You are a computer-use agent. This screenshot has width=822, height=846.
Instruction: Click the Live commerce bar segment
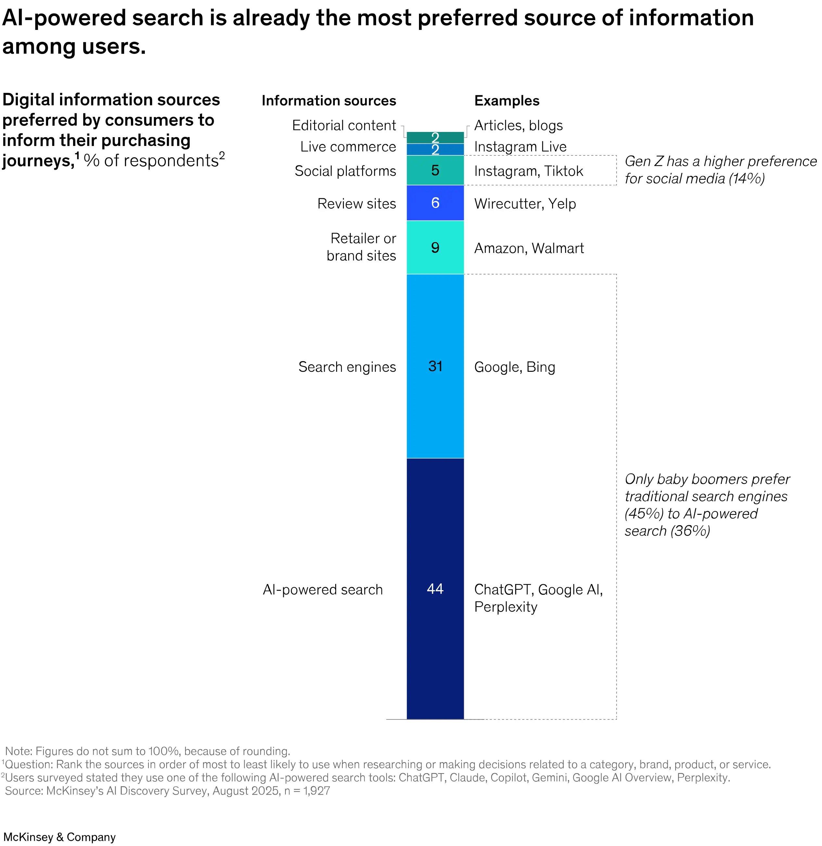(435, 150)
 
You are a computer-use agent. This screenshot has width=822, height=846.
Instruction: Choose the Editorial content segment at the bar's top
(435, 137)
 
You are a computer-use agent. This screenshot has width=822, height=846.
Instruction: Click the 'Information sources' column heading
(329, 101)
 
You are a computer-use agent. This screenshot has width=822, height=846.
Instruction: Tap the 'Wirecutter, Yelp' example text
(525, 203)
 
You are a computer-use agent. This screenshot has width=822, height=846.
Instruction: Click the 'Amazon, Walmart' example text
(528, 248)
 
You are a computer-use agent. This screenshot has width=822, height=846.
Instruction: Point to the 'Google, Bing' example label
(514, 367)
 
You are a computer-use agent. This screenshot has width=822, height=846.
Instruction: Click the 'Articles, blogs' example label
(518, 126)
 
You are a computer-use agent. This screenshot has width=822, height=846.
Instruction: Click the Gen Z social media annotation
(720, 170)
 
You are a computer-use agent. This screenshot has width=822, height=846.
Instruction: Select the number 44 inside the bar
(435, 589)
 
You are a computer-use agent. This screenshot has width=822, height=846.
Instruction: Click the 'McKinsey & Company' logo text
(59, 837)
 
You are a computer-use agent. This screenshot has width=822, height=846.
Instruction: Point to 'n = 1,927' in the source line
(307, 791)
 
